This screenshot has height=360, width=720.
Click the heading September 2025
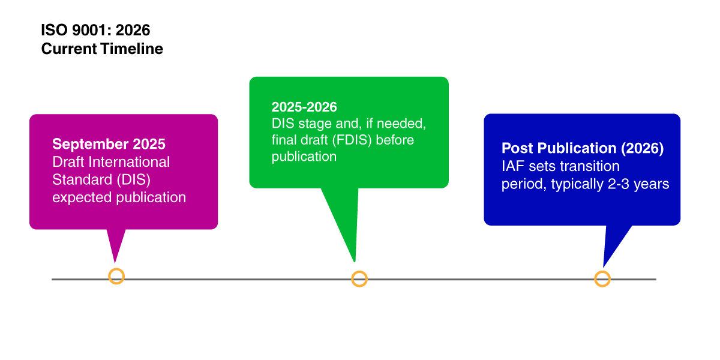click(109, 144)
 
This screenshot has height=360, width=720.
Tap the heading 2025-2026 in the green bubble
click(304, 107)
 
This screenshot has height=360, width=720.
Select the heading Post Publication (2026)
click(583, 148)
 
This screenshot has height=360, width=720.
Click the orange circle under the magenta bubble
click(116, 277)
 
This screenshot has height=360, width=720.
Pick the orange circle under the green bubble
click(359, 279)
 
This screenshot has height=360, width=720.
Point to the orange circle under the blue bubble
click(602, 279)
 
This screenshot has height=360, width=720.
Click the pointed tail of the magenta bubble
click(115, 246)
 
